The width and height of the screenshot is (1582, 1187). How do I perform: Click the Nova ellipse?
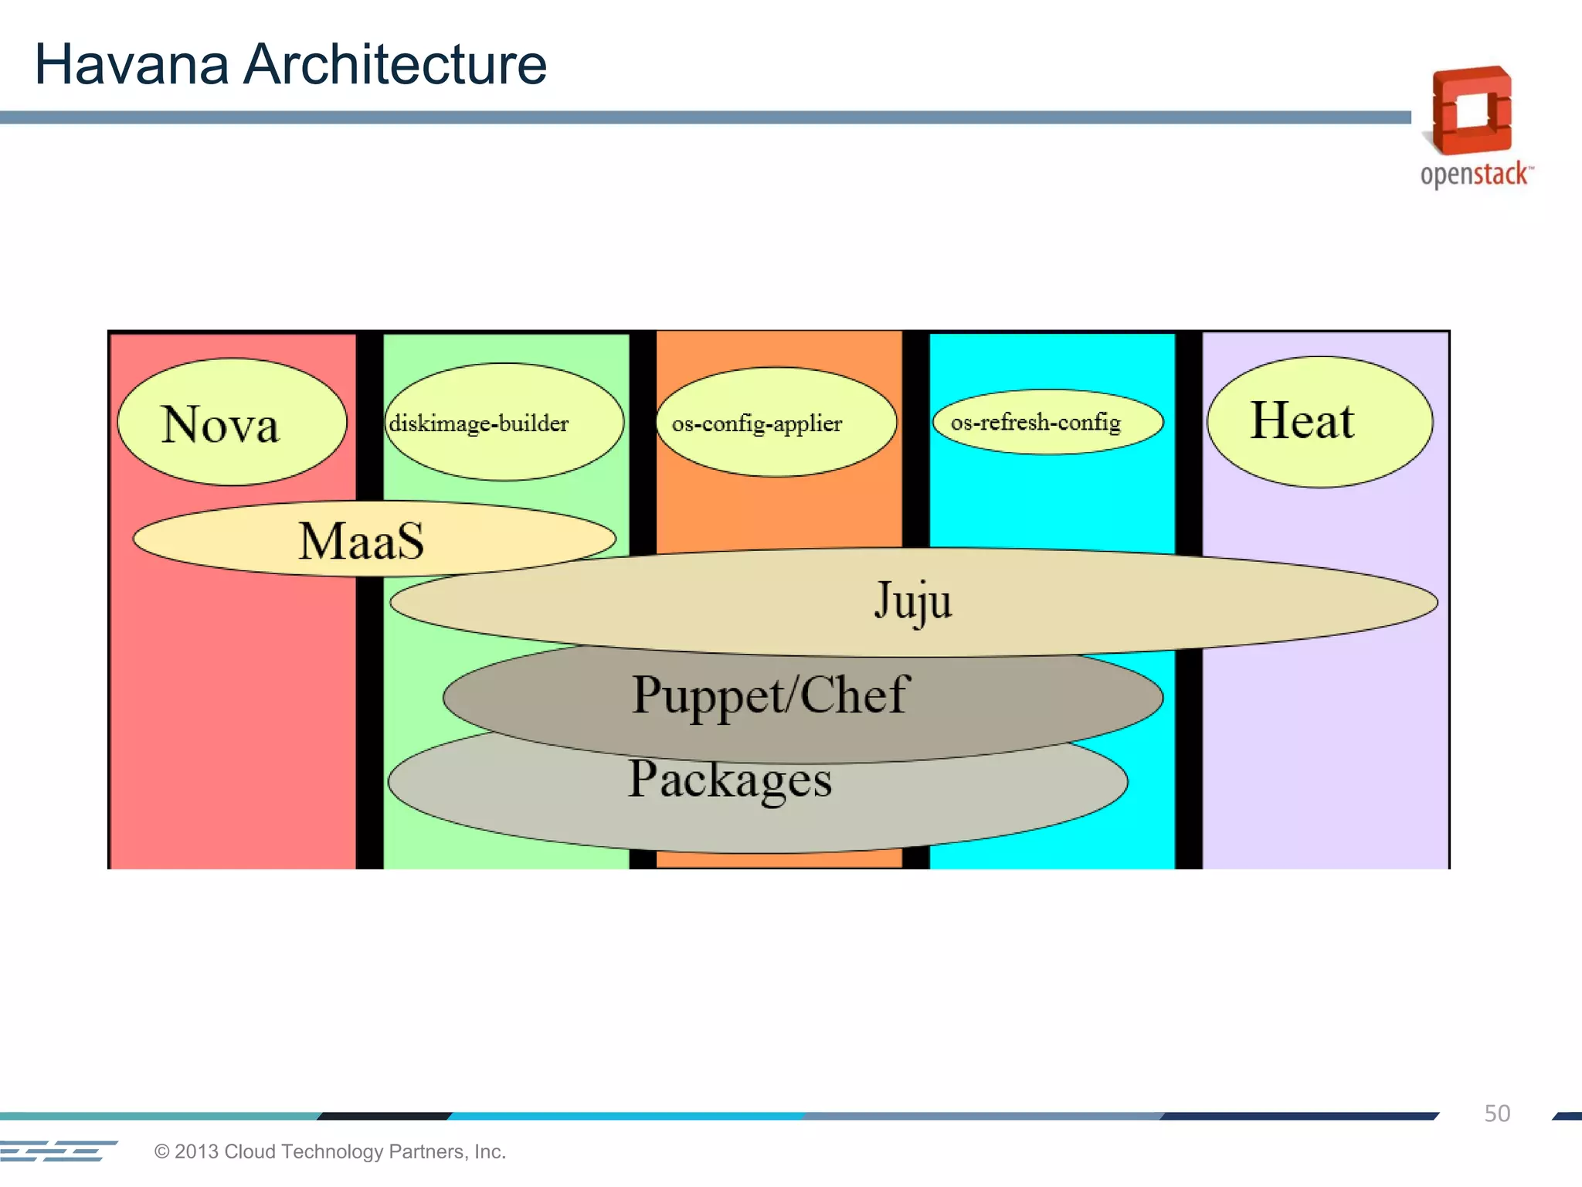coord(232,422)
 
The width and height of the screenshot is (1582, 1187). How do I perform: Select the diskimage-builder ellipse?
coord(504,422)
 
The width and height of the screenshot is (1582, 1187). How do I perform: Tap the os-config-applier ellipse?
coord(776,422)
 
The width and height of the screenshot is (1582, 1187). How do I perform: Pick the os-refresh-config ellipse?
coord(1047,422)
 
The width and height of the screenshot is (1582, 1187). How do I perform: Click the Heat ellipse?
coord(1319,422)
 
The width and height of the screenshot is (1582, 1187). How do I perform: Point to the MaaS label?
coord(362,540)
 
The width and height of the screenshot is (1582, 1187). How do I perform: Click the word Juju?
coord(913,600)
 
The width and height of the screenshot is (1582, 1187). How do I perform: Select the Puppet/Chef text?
coord(771,695)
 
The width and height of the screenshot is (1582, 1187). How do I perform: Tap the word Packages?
coord(730,780)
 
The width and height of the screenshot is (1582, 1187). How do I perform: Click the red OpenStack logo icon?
coord(1472,111)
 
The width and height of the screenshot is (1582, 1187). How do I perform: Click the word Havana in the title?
coord(131,64)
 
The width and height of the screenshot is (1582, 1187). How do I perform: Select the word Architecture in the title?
coord(395,64)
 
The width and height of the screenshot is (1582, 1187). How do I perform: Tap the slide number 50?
coord(1497,1114)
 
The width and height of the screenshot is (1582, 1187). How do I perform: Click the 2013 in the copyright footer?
coord(196,1151)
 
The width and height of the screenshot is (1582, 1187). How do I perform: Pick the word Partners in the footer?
coord(425,1151)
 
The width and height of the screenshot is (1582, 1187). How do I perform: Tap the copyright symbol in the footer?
coord(162,1151)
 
